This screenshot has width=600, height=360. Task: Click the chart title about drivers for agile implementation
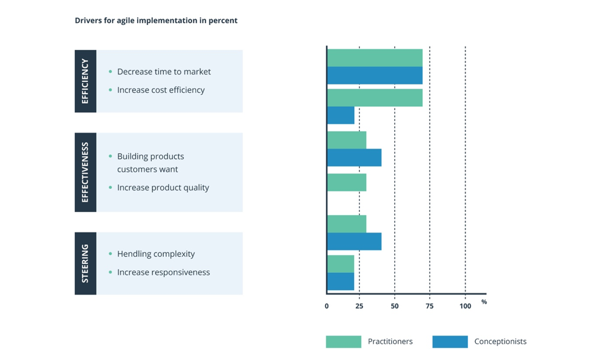point(156,20)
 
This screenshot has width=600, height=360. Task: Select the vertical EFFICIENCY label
point(85,81)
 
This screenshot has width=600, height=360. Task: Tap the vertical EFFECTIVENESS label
point(85,172)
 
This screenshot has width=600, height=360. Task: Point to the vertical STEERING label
point(85,263)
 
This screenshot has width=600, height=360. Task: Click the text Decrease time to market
point(163,72)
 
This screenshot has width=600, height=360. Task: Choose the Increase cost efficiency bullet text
point(161,90)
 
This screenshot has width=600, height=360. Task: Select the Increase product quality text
point(163,188)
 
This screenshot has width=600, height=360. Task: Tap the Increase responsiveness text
point(163,272)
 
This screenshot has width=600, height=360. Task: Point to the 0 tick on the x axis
point(327,306)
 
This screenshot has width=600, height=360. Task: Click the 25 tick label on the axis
point(359,306)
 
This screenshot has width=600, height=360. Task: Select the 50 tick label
point(394,306)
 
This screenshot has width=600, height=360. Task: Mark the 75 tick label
point(430,306)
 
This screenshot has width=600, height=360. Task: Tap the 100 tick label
point(465,306)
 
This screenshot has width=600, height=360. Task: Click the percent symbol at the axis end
point(484,302)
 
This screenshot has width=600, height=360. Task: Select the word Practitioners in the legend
point(390,341)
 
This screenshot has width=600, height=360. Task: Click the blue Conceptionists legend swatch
point(450,341)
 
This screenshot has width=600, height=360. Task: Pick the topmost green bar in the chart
point(375,58)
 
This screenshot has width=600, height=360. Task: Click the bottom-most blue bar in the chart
point(341,281)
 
